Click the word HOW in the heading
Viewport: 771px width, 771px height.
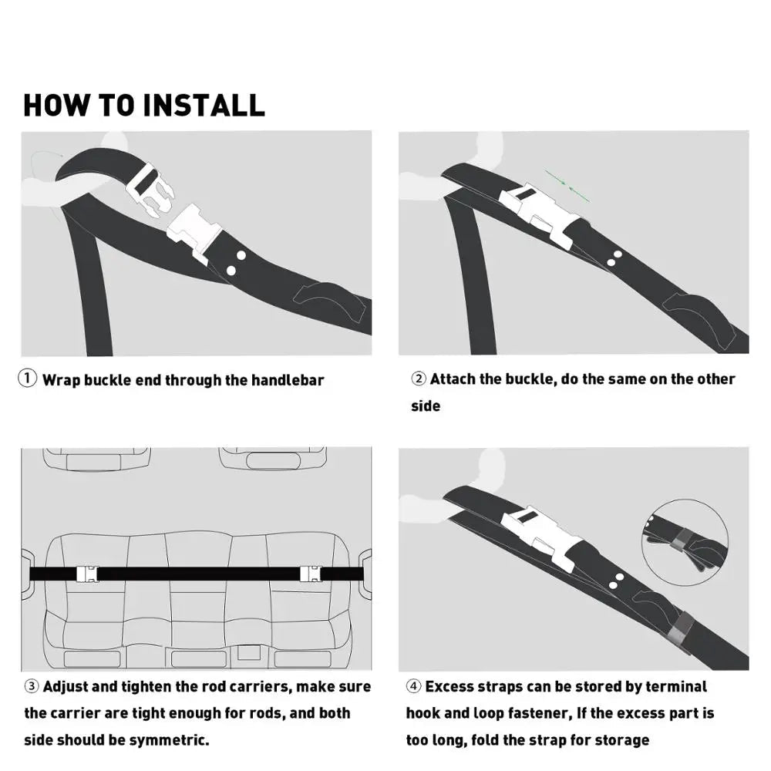57,105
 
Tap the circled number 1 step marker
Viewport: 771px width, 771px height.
28,379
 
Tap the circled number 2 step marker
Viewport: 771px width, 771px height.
419,379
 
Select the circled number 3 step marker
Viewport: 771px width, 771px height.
32,686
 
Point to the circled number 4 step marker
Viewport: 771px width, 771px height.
414,686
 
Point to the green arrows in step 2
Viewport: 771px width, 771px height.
567,187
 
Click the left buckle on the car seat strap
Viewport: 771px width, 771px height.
86,574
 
